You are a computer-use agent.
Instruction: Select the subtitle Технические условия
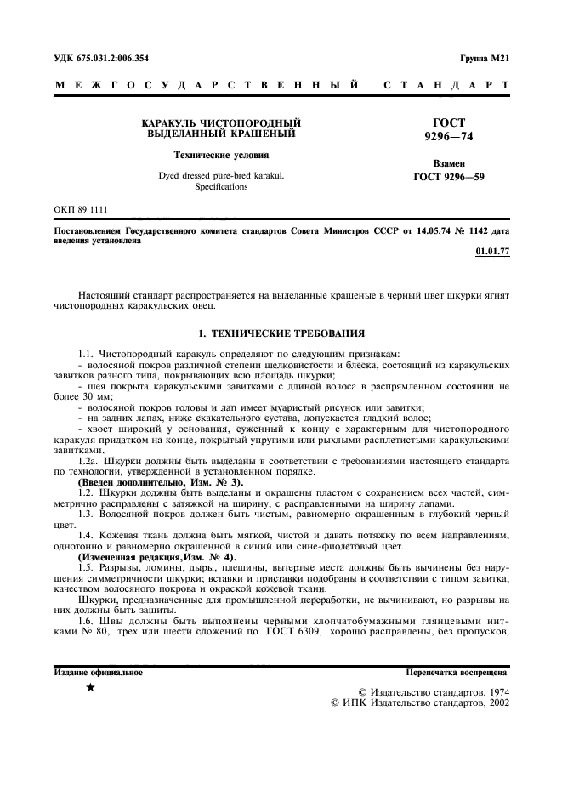tap(221, 156)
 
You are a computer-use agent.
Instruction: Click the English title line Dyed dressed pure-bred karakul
tap(221, 175)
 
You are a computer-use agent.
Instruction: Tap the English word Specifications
tap(221, 186)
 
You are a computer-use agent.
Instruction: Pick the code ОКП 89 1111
tap(81, 208)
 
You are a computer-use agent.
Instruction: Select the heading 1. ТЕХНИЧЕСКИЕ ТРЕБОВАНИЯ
tap(281, 333)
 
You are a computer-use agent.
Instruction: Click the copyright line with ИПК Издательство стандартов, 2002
tap(419, 704)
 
